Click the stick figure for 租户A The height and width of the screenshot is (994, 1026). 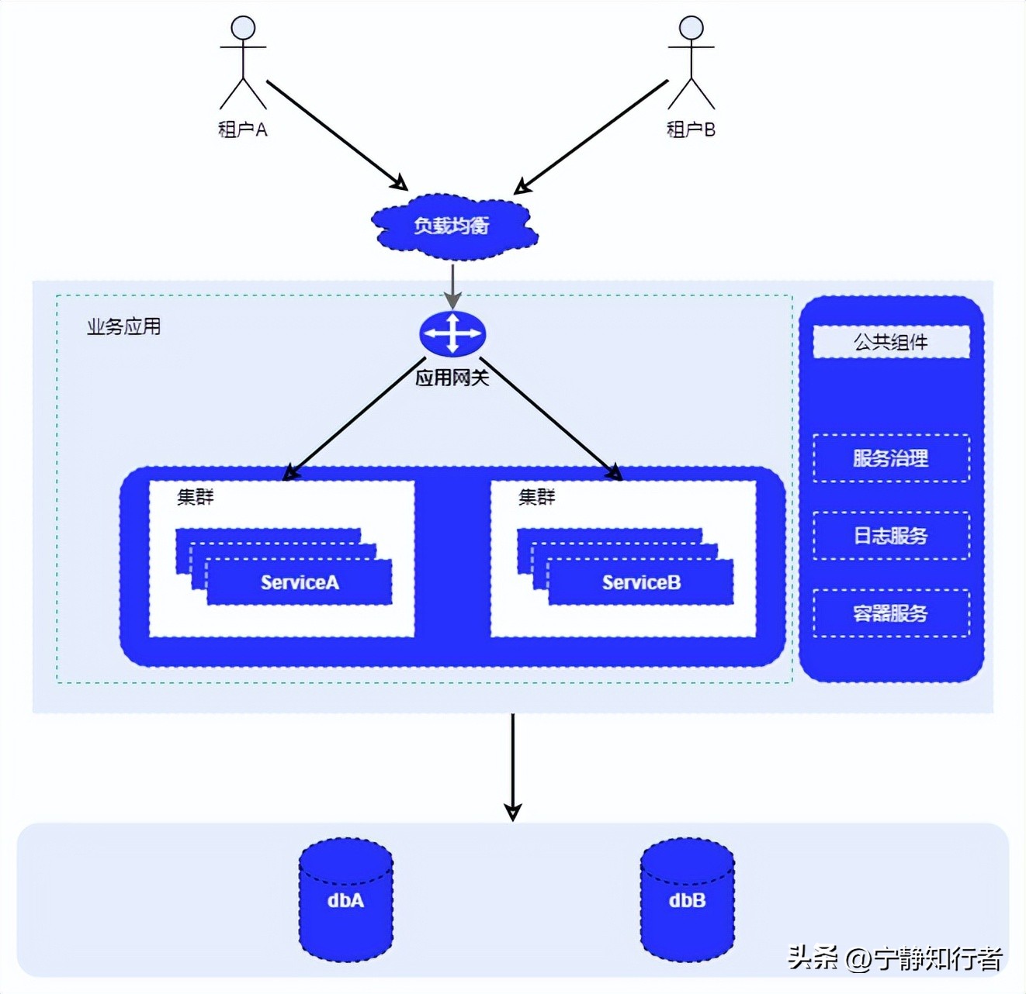click(x=243, y=63)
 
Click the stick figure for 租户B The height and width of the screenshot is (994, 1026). click(x=691, y=63)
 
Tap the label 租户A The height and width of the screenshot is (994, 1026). click(x=243, y=129)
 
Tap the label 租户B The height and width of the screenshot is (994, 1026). click(x=691, y=129)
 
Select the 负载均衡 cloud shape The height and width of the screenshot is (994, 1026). click(x=453, y=226)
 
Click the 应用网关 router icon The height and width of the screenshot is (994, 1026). click(x=452, y=334)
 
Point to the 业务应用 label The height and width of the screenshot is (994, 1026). click(x=123, y=326)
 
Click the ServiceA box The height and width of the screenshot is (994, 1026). click(x=300, y=582)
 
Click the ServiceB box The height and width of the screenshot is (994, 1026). click(x=641, y=582)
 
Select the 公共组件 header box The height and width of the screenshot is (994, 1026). click(x=891, y=342)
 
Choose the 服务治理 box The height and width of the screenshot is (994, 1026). click(x=891, y=458)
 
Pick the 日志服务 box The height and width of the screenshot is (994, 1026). click(x=891, y=536)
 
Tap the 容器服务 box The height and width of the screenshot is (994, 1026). click(x=891, y=613)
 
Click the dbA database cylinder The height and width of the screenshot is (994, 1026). click(x=346, y=899)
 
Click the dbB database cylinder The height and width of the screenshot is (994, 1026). click(x=687, y=899)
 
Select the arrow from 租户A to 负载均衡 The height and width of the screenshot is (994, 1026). click(x=335, y=134)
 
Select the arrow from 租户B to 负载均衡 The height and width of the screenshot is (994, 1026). click(x=592, y=136)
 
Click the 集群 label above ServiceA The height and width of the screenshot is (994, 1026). click(x=195, y=497)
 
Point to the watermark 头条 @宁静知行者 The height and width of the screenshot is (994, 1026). click(x=895, y=958)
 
